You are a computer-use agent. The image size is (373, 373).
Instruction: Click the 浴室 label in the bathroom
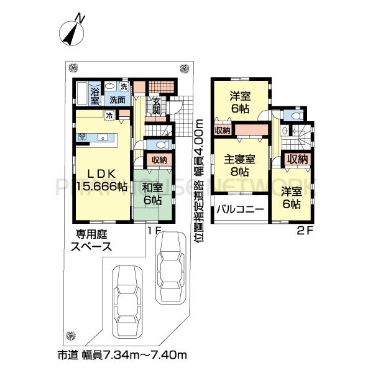95,94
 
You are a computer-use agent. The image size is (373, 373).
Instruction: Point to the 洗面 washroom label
117,99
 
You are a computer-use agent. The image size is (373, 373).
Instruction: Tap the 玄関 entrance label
156,106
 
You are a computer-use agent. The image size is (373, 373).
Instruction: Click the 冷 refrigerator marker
109,114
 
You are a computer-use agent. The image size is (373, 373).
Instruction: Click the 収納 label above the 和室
159,160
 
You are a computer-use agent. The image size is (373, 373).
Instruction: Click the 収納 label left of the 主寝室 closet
222,130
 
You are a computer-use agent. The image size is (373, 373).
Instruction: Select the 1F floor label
154,229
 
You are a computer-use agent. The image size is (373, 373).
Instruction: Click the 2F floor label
303,229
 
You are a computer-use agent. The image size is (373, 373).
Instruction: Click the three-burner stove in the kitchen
83,136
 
